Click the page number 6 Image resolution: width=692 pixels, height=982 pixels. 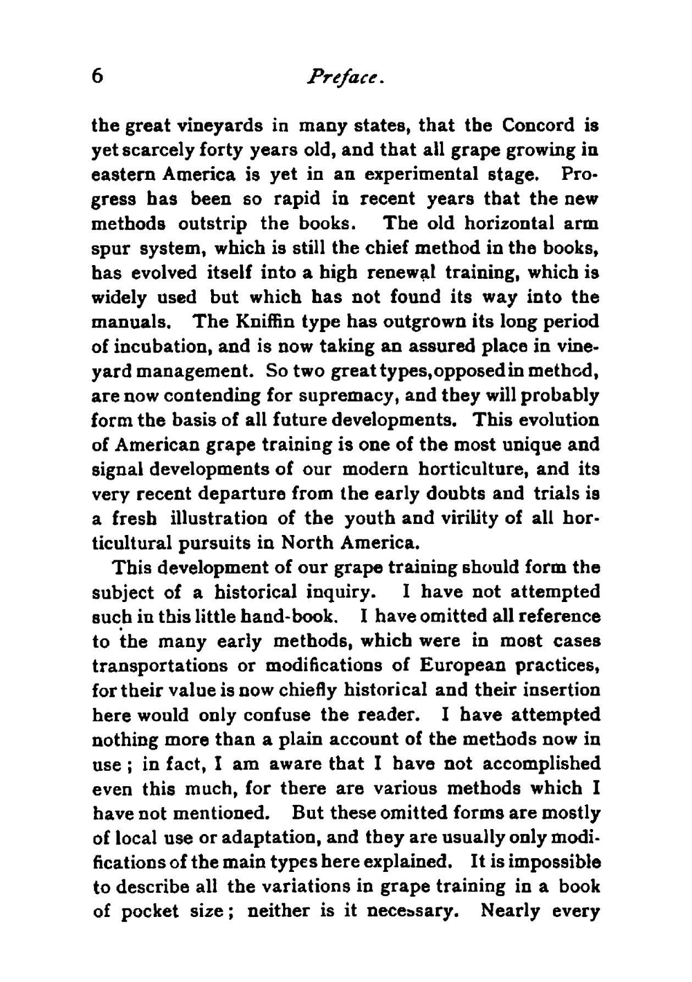click(x=98, y=76)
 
